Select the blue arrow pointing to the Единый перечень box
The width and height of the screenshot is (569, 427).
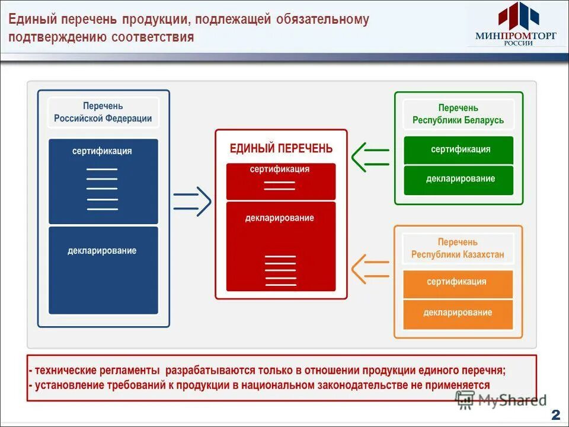(x=192, y=202)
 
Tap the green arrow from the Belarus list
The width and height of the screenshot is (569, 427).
(x=370, y=157)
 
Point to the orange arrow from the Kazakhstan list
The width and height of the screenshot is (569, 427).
(x=370, y=269)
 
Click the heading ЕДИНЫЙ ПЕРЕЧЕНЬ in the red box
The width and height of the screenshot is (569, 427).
(x=281, y=149)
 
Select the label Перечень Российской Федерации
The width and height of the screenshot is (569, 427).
(x=103, y=112)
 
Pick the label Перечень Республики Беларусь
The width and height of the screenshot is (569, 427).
(x=458, y=114)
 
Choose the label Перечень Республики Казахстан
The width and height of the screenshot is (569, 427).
(x=458, y=248)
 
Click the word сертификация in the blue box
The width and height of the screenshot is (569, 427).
(x=103, y=151)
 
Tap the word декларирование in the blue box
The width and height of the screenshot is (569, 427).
(x=103, y=251)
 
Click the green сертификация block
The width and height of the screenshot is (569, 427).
(x=458, y=150)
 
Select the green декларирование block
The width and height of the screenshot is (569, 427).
(x=458, y=180)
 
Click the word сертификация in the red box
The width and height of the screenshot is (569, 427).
(x=280, y=170)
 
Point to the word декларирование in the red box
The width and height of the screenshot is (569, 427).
(x=280, y=218)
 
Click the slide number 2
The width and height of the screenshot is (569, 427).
(x=555, y=415)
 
